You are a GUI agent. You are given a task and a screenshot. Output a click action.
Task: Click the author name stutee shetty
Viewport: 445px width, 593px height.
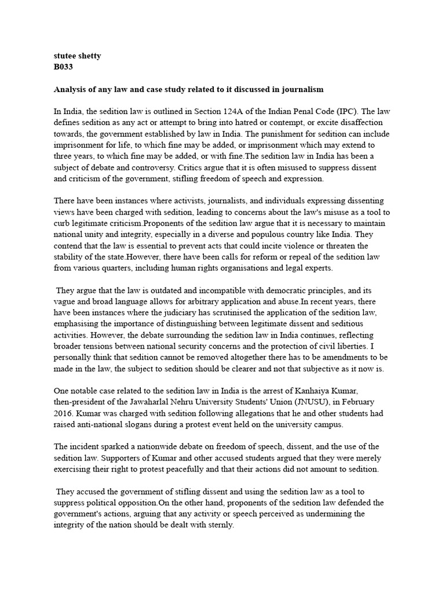(78, 57)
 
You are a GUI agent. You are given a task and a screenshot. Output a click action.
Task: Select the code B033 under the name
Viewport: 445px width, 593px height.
(63, 67)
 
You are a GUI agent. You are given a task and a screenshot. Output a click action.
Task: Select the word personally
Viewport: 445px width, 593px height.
(77, 357)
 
